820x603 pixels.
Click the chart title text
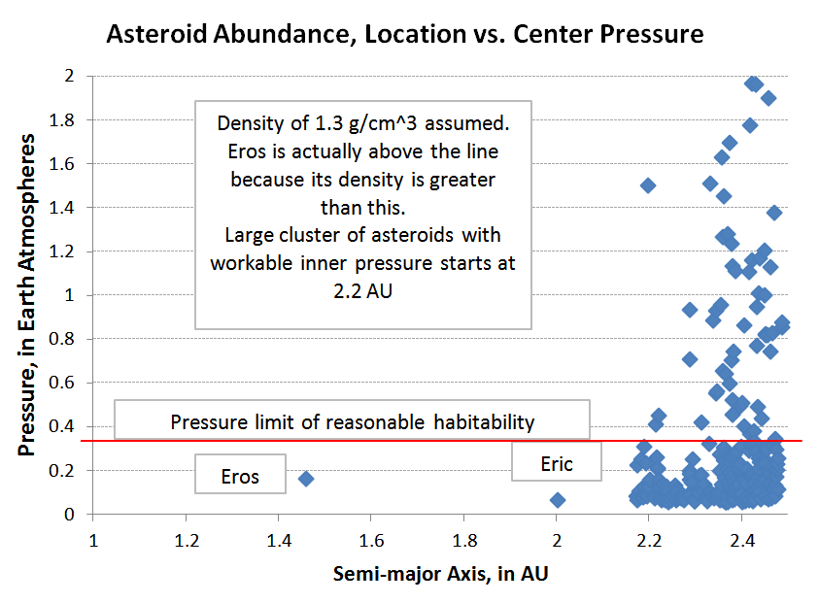(x=405, y=35)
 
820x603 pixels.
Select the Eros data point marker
(x=306, y=479)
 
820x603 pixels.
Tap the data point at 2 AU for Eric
(x=558, y=500)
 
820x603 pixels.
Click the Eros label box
(x=241, y=474)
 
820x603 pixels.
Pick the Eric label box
(x=557, y=461)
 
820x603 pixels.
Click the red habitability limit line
(x=441, y=441)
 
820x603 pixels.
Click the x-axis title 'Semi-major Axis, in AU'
(x=440, y=574)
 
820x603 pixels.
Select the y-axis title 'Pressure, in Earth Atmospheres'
(x=26, y=295)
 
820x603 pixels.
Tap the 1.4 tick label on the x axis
(x=279, y=540)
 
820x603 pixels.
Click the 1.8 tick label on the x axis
(x=464, y=540)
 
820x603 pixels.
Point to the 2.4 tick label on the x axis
(x=742, y=540)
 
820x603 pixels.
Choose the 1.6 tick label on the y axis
(x=62, y=164)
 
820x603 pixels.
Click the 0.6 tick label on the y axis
(x=62, y=383)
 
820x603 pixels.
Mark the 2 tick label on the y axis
(x=69, y=76)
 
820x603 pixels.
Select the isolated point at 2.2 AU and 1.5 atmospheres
(x=648, y=185)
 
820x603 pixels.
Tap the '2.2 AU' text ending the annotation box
(x=363, y=291)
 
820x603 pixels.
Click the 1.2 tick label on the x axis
(x=187, y=540)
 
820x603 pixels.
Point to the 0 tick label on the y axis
(x=69, y=515)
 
